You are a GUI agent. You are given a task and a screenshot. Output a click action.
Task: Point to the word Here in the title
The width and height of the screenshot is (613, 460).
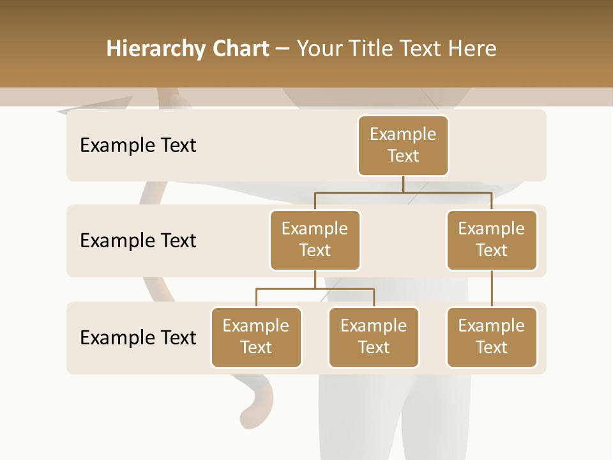pos(473,49)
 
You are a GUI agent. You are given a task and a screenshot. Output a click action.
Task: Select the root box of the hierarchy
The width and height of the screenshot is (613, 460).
pos(403,145)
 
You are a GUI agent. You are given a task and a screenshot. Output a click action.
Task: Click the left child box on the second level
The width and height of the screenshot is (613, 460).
pos(315,240)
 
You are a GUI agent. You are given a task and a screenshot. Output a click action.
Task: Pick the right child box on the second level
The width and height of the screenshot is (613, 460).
pos(492,240)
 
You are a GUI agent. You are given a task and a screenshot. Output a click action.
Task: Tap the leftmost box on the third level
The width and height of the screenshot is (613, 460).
pos(256,337)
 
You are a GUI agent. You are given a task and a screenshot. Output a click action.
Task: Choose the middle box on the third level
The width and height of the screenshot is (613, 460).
pos(374,337)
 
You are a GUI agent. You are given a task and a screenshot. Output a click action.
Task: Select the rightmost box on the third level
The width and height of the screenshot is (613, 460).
pos(492,337)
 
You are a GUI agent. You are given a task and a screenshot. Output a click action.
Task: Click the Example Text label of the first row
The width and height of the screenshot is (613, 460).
pos(138,146)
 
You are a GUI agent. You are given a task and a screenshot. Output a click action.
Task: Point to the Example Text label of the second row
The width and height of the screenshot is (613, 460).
pos(138,241)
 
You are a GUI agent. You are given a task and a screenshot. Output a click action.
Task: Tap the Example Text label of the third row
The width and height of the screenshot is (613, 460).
pos(138,337)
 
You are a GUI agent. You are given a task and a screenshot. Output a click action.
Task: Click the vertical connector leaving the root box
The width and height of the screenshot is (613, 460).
pos(403,184)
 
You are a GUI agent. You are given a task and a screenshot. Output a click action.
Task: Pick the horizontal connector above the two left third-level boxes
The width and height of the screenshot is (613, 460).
pos(315,289)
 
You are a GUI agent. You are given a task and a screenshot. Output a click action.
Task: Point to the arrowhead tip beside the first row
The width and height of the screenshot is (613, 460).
pos(61,112)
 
